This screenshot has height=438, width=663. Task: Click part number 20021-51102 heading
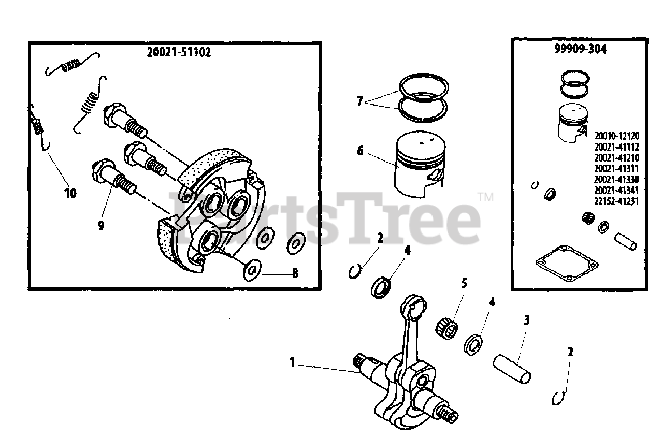click(x=179, y=52)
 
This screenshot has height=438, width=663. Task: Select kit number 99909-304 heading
click(x=580, y=49)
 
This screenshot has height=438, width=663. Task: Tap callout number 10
click(x=70, y=193)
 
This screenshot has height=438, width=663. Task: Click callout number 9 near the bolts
click(x=101, y=226)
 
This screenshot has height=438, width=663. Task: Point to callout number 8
click(x=295, y=273)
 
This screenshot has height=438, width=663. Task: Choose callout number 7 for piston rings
click(x=359, y=101)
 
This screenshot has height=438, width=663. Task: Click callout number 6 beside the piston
click(x=360, y=151)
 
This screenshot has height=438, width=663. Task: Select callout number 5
click(x=464, y=284)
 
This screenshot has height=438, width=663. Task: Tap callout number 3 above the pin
click(x=527, y=320)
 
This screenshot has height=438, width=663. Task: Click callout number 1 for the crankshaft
click(x=292, y=362)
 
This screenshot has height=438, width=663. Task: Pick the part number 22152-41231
click(x=616, y=201)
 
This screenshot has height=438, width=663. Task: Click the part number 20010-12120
click(x=617, y=136)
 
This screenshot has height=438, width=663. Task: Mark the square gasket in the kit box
click(x=567, y=264)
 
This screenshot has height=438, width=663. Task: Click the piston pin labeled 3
click(x=512, y=369)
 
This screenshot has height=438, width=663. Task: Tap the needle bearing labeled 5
click(x=446, y=328)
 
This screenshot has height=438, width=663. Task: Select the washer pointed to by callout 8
click(x=252, y=270)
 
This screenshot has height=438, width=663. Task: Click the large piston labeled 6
click(x=420, y=164)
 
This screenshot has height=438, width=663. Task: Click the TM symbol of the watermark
click(x=486, y=197)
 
